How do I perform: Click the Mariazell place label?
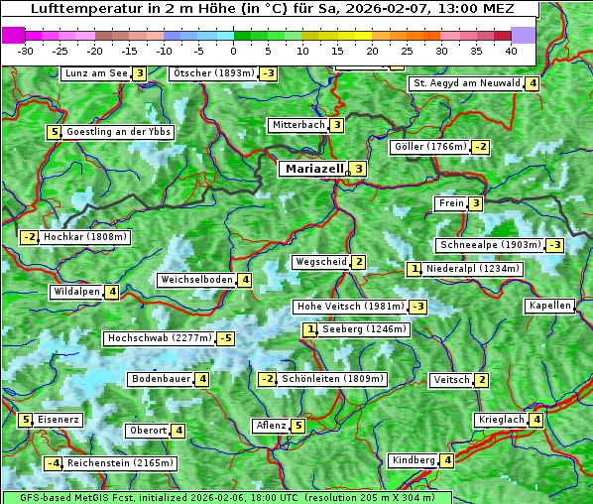pyautogui.click(x=314, y=169)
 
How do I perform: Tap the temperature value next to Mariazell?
pyautogui.click(x=359, y=169)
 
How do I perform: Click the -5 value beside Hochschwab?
pyautogui.click(x=227, y=338)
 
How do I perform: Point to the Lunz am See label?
pyautogui.click(x=96, y=73)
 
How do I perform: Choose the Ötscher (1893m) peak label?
pyautogui.click(x=213, y=73)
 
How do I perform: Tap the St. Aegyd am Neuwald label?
pyautogui.click(x=467, y=83)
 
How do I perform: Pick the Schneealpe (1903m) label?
pyautogui.click(x=490, y=245)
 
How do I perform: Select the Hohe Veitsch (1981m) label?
pyautogui.click(x=349, y=307)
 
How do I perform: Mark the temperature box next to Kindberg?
pyautogui.click(x=448, y=460)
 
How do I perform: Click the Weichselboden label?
pyautogui.click(x=196, y=280)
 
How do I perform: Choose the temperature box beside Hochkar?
pyautogui.click(x=29, y=237)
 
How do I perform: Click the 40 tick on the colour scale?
pyautogui.click(x=511, y=50)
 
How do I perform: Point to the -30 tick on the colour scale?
pyautogui.click(x=26, y=50)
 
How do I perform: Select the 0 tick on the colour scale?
pyautogui.click(x=234, y=50)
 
